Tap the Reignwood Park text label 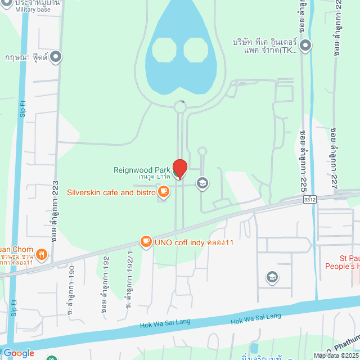click(142, 170)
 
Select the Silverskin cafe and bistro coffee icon click(164, 192)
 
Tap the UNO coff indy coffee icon click(146, 242)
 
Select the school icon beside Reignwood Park click(202, 183)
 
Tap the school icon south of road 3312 click(272, 277)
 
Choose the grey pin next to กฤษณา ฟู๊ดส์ click(56, 56)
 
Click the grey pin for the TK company click(305, 46)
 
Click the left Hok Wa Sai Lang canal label click(165, 323)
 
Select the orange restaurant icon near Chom click(42, 255)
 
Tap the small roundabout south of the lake click(180, 106)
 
